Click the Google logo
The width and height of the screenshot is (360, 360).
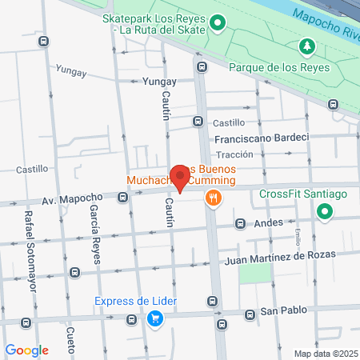27,350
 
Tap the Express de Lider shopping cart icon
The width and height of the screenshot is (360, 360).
156,318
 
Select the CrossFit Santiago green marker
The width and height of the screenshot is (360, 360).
324,212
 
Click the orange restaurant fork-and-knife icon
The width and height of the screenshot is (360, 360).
213,198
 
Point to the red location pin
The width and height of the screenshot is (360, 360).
182,178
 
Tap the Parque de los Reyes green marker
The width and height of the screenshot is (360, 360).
304,47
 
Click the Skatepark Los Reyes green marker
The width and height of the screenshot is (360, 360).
218,24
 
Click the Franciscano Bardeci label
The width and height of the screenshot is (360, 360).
267,138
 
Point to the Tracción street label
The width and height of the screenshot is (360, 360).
235,154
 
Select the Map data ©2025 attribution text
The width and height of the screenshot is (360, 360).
323,354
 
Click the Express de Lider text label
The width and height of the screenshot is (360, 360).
135,302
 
